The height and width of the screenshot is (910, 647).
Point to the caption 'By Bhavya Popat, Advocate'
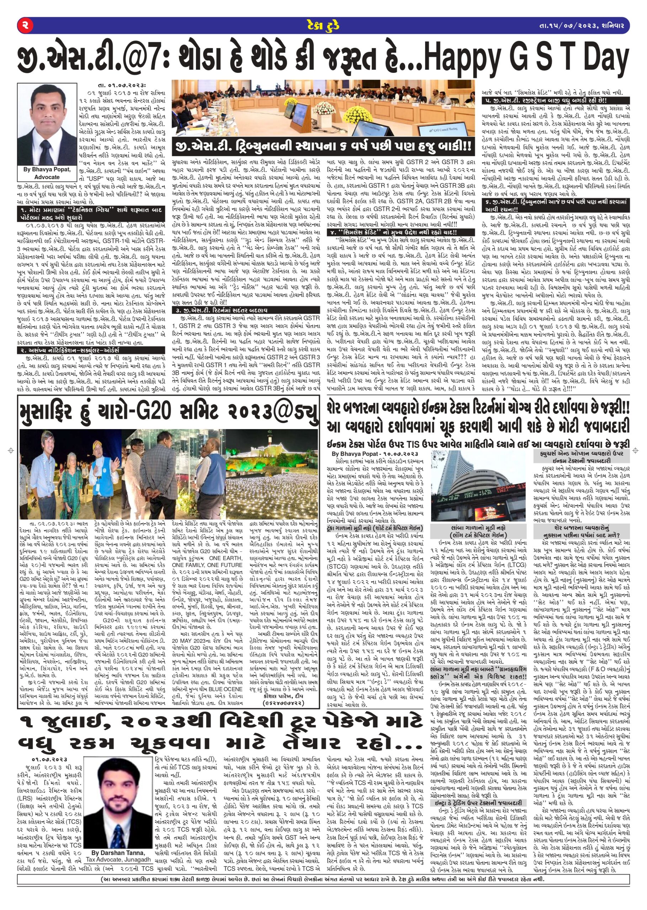[x=47, y=173]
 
